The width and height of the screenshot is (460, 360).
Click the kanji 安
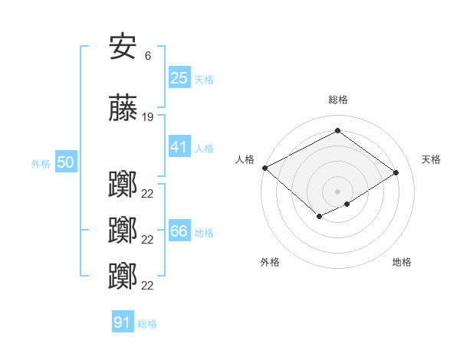tap(123, 48)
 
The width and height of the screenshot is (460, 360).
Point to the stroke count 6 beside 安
tap(147, 55)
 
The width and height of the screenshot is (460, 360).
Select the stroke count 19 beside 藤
tap(148, 117)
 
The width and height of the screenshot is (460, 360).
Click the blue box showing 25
tap(179, 77)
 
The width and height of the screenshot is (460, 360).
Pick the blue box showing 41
tap(179, 147)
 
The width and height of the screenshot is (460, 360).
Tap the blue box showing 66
tap(179, 231)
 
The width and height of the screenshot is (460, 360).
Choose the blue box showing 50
tap(66, 162)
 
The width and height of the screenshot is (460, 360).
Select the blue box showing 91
tap(123, 322)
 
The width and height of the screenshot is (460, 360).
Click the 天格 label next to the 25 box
tap(204, 79)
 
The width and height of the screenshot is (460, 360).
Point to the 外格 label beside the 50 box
tap(41, 164)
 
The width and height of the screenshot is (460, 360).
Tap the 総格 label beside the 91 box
tap(147, 324)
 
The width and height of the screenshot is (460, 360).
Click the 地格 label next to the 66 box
tap(204, 233)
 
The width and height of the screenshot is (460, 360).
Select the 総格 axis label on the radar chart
tap(337, 100)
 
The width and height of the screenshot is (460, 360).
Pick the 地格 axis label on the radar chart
tap(402, 262)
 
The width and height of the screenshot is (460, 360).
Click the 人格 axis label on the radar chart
tap(245, 159)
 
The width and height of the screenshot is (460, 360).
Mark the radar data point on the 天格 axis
tap(396, 173)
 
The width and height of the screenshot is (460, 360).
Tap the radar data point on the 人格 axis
tap(264, 168)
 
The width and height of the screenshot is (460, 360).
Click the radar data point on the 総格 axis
tap(337, 131)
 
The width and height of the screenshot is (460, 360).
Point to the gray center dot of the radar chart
tap(337, 191)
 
